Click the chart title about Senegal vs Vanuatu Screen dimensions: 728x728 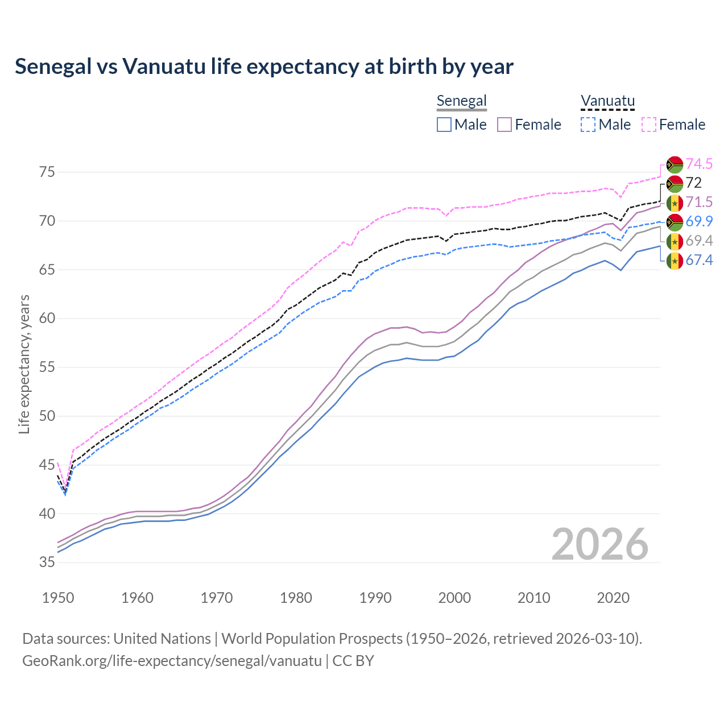tap(264, 67)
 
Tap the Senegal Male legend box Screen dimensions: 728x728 tap(444, 125)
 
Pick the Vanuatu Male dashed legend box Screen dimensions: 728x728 tap(588, 125)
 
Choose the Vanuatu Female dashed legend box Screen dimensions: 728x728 tap(649, 125)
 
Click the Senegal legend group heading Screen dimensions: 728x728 tap(461, 101)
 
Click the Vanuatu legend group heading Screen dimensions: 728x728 tap(607, 101)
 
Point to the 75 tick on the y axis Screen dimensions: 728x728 tap(47, 172)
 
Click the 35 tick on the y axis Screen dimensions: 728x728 tap(47, 562)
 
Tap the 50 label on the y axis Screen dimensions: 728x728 tap(47, 416)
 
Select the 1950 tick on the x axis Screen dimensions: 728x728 tap(58, 598)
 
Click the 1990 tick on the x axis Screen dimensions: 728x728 tap(375, 598)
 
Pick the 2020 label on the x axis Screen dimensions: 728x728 tap(613, 598)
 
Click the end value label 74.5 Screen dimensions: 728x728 tap(699, 164)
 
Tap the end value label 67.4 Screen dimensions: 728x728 tap(699, 260)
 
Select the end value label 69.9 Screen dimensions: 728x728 tap(699, 222)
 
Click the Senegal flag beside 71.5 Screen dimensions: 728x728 tap(675, 203)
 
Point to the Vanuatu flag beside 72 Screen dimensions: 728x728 tap(675, 184)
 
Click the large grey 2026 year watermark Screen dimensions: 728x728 tap(600, 544)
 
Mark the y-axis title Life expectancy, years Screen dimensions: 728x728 tap(24, 364)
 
